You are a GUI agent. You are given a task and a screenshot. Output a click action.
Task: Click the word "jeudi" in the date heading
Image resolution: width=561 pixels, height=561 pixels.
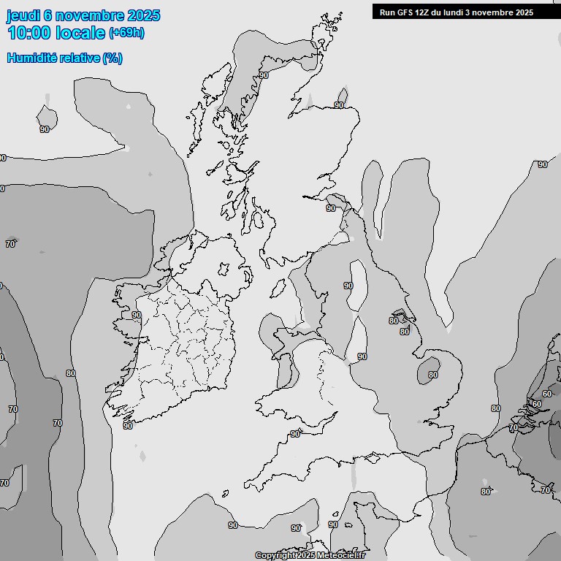coord(23,15)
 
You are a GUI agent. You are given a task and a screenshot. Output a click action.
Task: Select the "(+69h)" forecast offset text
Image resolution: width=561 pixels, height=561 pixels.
coord(127,33)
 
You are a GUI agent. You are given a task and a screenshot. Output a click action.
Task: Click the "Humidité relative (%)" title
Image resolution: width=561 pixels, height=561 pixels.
coord(64,58)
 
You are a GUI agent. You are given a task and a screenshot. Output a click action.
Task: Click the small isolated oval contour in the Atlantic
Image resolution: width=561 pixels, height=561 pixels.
coord(47,115)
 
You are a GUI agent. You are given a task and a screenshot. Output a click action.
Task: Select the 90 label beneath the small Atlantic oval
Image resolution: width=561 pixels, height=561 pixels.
coord(45,129)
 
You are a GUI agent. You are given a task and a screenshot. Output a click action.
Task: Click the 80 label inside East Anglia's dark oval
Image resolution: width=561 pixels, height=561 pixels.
coord(433,375)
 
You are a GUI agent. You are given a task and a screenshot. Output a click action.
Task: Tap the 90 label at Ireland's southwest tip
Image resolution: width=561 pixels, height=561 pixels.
coord(128,425)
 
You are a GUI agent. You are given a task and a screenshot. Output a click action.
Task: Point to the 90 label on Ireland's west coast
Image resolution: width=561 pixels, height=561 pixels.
coord(136,315)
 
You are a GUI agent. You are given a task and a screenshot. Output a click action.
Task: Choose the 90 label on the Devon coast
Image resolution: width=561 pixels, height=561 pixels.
coord(294,434)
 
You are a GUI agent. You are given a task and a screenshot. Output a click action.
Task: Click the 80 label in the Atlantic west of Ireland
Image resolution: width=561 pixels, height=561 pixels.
coord(70,373)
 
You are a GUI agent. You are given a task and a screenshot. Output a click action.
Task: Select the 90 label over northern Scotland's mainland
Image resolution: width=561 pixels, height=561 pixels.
coord(264,75)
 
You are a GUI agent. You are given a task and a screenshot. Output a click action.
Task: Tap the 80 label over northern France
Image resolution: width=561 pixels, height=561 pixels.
coord(485,492)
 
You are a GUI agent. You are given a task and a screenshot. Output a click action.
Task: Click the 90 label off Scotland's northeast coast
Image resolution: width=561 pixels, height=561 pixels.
coord(339,105)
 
